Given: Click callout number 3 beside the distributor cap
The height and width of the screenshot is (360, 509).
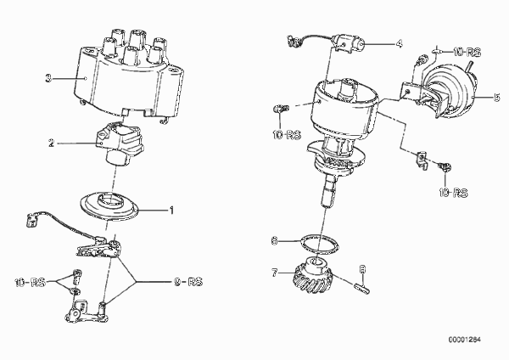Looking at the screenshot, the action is (x=48, y=78).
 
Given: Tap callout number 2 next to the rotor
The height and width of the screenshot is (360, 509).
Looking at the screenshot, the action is (x=51, y=143).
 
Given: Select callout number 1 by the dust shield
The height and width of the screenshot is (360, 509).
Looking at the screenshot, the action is (x=171, y=211).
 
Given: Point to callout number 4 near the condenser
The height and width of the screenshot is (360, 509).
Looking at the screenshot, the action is (x=399, y=43).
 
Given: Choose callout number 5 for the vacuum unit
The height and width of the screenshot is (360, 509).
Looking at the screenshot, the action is (x=496, y=97).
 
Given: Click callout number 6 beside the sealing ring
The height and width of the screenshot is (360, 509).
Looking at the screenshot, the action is (x=274, y=241).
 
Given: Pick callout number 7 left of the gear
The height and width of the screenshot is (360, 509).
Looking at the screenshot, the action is (x=275, y=273).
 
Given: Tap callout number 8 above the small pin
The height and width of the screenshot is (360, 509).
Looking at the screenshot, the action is (x=363, y=269).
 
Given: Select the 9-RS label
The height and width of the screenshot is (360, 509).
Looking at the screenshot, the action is (x=188, y=282).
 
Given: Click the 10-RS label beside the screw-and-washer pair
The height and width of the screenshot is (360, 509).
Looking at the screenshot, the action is (x=30, y=283).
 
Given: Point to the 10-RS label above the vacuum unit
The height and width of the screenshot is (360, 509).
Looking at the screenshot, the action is (x=467, y=52).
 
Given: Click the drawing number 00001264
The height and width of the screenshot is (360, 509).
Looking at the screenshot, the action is (x=465, y=340).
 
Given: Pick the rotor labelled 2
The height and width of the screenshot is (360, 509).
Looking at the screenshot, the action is (x=119, y=143).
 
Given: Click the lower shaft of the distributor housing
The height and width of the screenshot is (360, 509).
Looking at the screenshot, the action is (x=328, y=193).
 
